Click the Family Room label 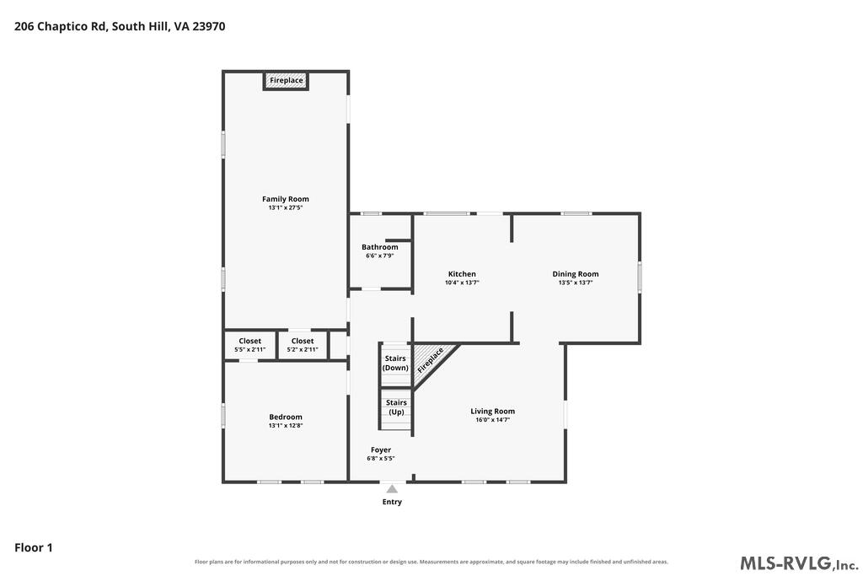pos(285,199)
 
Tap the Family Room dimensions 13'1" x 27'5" pos(285,207)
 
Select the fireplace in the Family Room pos(286,80)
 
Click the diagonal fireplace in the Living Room pos(432,363)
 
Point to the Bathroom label pos(380,247)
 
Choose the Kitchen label pos(462,274)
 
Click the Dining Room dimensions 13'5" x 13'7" pos(575,283)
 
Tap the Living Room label pos(492,411)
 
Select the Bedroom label pos(285,417)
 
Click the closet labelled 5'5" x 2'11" pos(249,345)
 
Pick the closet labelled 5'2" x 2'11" pos(303,345)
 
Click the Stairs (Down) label pos(395,363)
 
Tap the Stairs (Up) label pos(396,407)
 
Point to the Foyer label pos(381,449)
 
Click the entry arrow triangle pos(392,489)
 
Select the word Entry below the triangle pos(392,502)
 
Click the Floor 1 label pos(33,547)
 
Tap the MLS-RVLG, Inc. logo pos(799,563)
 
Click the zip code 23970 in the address pos(209,26)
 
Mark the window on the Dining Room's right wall pos(640,277)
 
